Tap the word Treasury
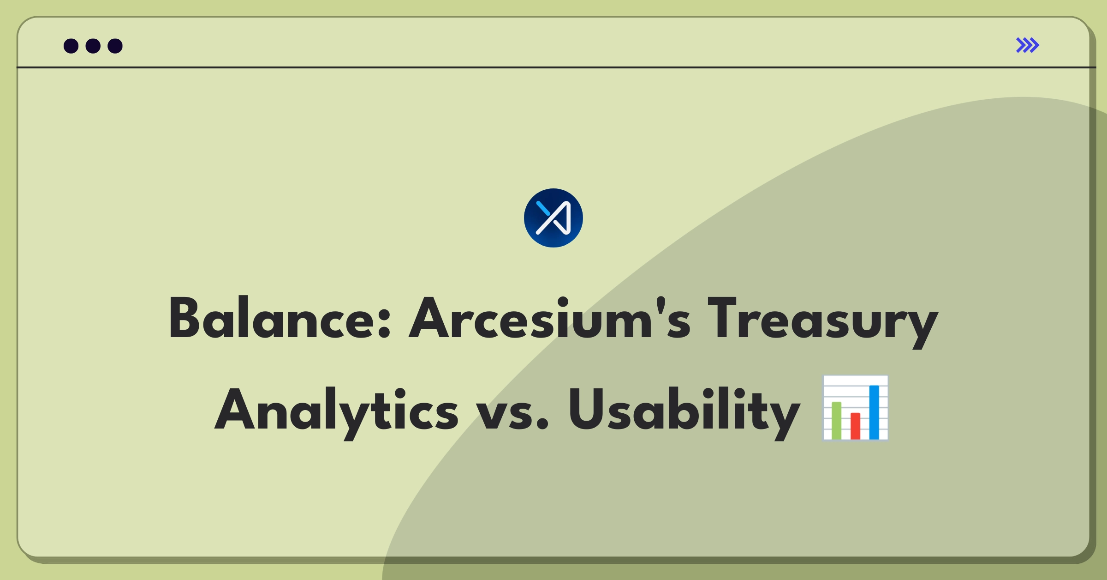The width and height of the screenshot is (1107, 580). coord(823,322)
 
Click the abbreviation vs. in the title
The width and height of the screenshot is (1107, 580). coord(512,414)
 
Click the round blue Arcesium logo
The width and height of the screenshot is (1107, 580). coord(553,218)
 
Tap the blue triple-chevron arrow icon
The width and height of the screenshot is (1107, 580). coord(1028,45)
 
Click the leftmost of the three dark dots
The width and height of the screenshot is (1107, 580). coord(71,46)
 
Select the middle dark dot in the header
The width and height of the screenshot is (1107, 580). coord(93,46)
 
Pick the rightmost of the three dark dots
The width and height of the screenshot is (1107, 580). coord(115,46)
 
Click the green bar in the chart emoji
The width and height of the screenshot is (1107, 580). coord(836,420)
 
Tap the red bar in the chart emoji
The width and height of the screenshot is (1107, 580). coord(855,426)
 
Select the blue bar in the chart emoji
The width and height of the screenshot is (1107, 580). coord(874,412)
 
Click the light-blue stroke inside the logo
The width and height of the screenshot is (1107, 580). coord(543,208)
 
